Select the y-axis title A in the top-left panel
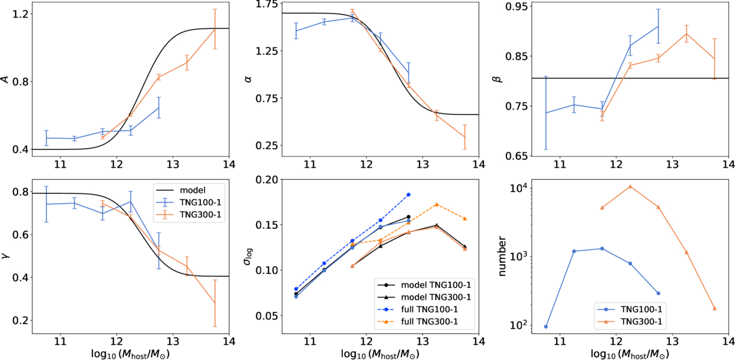tap(6, 79)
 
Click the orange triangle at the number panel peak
tap(630, 186)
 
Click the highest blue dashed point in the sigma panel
tap(408, 195)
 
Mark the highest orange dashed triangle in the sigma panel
tap(436, 204)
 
